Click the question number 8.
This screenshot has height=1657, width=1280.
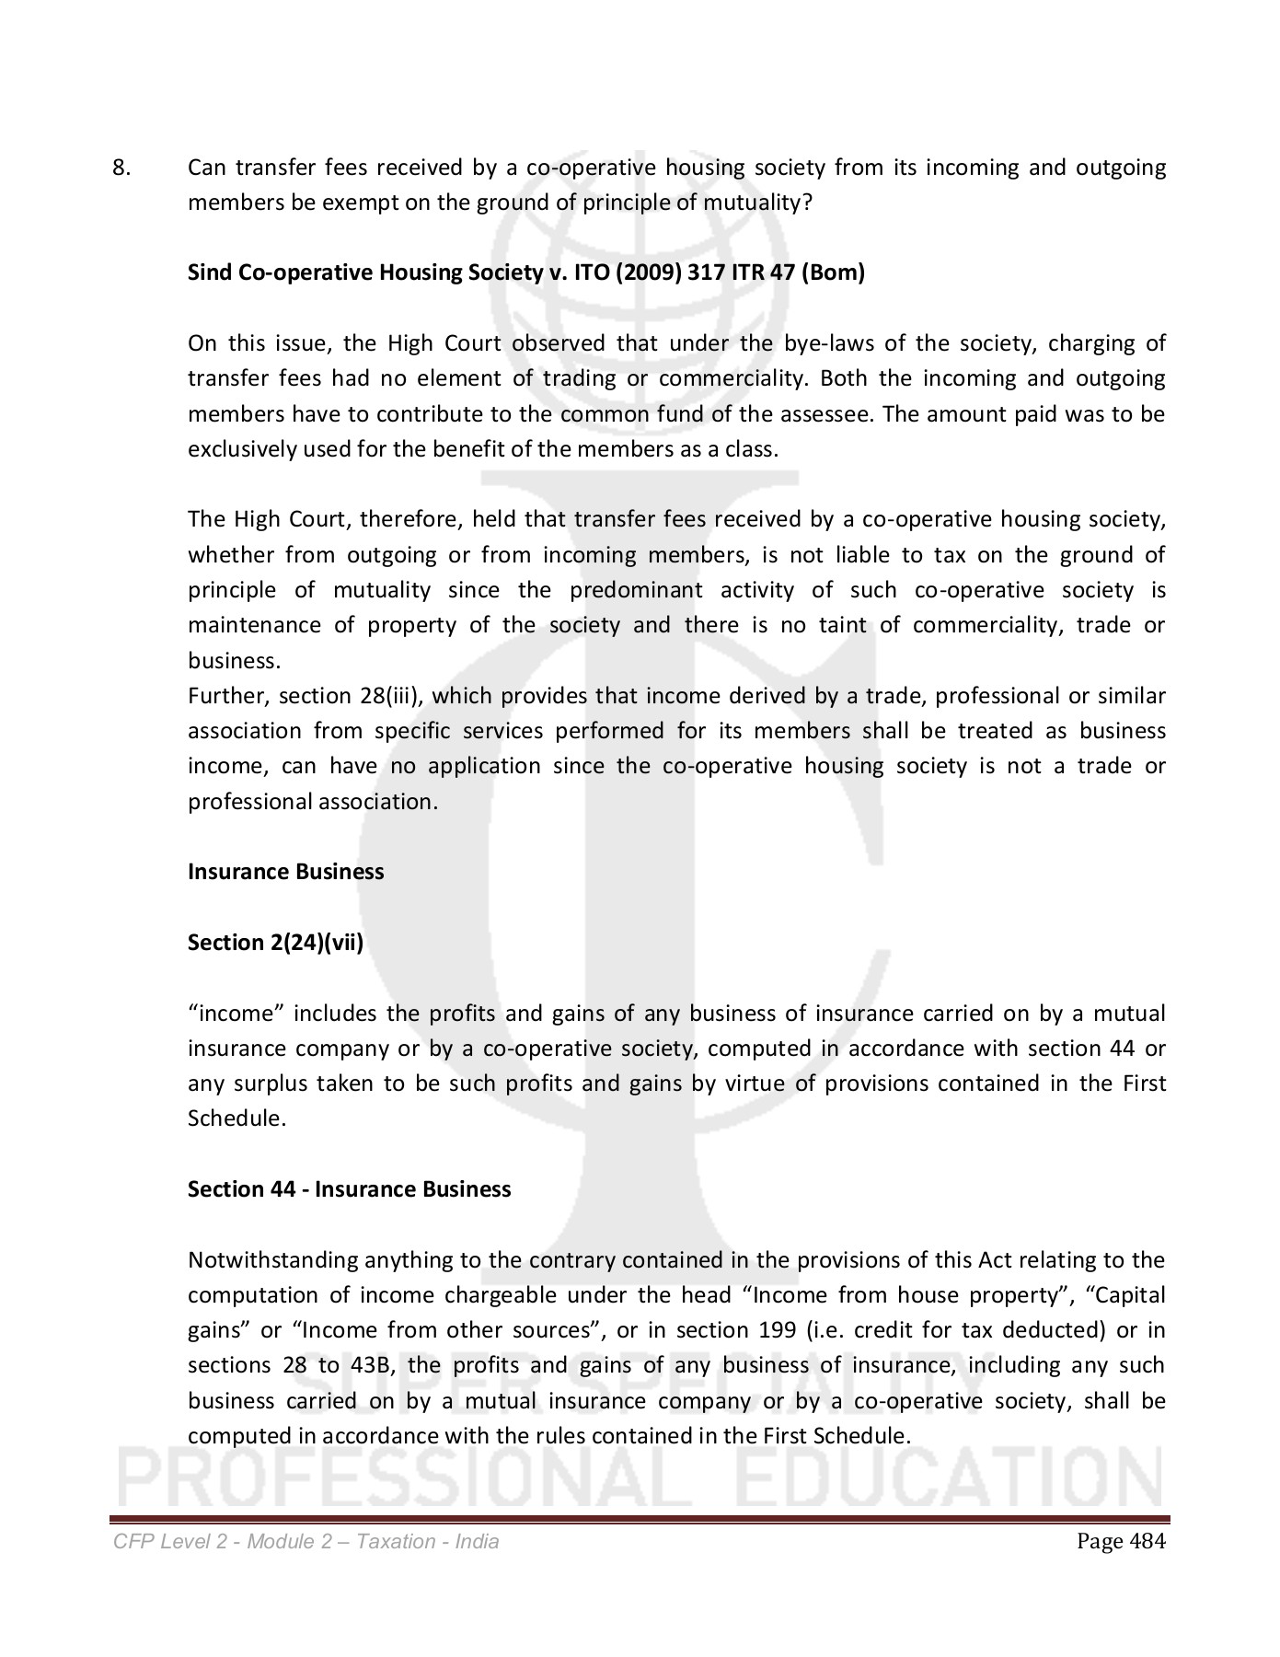[121, 168]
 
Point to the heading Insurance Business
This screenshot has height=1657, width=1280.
[285, 872]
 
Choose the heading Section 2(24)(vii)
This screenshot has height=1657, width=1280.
[275, 943]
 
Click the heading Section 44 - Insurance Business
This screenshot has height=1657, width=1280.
[349, 1189]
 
